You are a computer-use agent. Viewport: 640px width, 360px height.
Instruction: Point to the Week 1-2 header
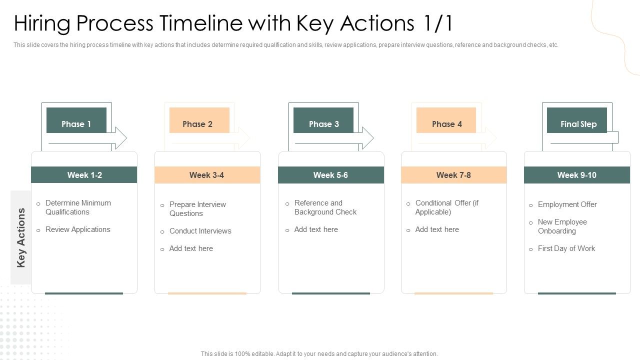84,175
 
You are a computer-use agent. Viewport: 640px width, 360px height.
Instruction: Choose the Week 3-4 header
207,175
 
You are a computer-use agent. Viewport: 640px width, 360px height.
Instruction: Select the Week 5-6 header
330,175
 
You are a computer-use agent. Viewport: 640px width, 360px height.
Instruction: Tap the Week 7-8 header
453,175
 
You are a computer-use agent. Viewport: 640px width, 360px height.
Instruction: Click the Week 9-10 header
576,175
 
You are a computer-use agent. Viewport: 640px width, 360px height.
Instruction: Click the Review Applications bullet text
77,229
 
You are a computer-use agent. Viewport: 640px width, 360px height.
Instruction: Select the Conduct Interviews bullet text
200,231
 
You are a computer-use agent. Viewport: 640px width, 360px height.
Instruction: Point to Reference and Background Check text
325,207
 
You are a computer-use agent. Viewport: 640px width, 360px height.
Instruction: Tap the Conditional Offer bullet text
446,207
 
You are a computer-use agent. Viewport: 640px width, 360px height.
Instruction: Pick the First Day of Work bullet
566,248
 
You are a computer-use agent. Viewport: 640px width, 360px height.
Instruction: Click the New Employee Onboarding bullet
562,226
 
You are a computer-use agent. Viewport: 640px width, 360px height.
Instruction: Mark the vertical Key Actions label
21,237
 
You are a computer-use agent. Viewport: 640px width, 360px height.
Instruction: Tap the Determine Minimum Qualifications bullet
77,207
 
